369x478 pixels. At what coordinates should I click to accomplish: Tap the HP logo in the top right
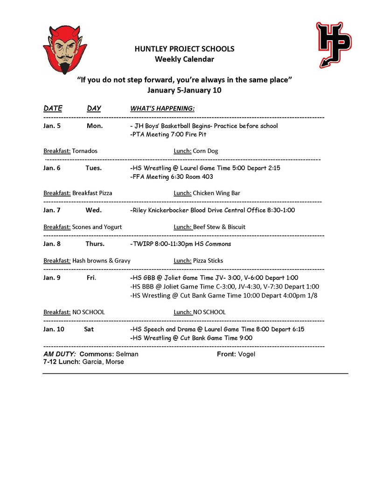tap(334, 44)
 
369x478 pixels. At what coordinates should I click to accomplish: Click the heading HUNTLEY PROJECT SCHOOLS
tap(184, 49)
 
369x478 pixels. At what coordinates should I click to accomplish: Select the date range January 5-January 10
tap(184, 90)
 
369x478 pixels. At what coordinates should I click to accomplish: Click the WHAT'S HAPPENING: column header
tap(162, 108)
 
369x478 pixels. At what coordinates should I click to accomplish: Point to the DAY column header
tap(94, 108)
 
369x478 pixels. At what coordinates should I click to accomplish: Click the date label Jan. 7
tap(52, 210)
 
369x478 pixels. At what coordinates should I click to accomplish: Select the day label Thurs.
tap(95, 244)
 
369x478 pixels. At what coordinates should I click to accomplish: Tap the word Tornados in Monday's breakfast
tap(85, 151)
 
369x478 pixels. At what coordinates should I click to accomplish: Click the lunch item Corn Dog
tap(205, 151)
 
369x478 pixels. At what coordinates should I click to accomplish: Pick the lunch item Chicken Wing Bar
tap(216, 193)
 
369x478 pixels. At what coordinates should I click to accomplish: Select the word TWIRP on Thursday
tap(141, 244)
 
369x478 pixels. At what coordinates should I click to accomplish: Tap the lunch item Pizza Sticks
tap(208, 260)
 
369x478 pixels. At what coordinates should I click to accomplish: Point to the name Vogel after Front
tap(246, 354)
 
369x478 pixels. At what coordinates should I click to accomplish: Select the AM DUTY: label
tap(60, 354)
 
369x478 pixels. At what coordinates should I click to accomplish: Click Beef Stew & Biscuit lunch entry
tap(219, 227)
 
